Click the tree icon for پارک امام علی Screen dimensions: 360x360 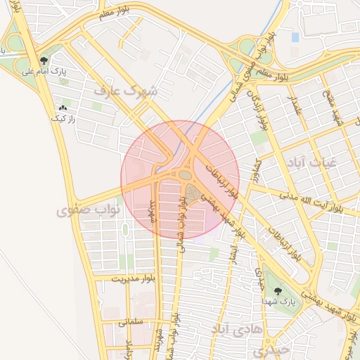[x=45, y=60]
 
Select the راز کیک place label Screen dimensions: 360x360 [x=62, y=120]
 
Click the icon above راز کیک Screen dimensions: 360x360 [x=63, y=108]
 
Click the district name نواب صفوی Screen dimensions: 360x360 [x=89, y=210]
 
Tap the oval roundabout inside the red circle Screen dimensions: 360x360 [x=185, y=174]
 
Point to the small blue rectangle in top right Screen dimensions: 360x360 [x=295, y=37]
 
